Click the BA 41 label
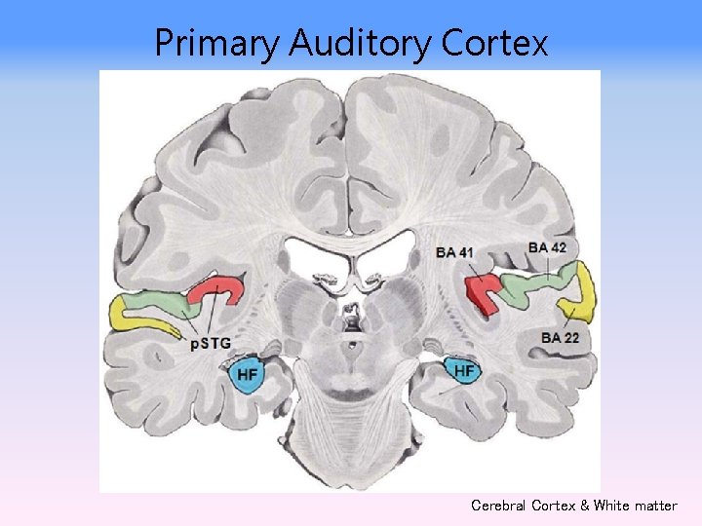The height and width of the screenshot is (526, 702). tap(455, 253)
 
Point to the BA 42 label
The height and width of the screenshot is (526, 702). tap(547, 247)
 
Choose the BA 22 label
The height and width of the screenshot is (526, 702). tap(560, 337)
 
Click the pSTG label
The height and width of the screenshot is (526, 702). tap(210, 342)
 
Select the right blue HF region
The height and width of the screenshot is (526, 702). tap(463, 370)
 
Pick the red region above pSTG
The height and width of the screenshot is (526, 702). tap(219, 290)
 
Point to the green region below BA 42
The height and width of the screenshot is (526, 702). tap(536, 285)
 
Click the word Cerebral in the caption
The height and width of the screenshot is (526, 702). tap(501, 506)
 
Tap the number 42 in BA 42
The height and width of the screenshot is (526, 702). tap(557, 247)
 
